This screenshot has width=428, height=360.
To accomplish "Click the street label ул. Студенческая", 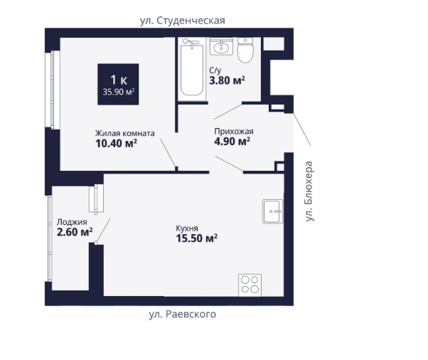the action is tap(182, 21).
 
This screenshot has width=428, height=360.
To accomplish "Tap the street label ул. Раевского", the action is tap(182, 314).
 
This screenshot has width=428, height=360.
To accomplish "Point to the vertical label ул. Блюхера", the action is tap(309, 191).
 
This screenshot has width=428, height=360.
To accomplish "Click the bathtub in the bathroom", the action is tap(192, 69).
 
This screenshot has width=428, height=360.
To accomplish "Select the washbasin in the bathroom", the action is tap(221, 46).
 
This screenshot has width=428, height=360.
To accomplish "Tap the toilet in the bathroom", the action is tap(245, 50).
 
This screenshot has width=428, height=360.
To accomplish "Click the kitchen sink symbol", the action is tap(273, 211).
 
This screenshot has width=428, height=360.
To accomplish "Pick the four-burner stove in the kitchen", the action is tap(250, 285).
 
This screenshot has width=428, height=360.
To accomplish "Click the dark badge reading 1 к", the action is tap(118, 84).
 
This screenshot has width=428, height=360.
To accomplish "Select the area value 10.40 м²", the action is tap(116, 144).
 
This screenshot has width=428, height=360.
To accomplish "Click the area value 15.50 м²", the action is tap(196, 238).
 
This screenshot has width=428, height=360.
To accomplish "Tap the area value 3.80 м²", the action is tap(227, 80).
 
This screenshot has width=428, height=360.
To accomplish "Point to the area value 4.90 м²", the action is tap(232, 142).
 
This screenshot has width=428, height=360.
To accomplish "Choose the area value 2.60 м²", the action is tap(75, 232).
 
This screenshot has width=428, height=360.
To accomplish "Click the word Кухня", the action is tap(187, 228).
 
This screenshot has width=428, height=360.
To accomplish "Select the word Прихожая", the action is tap(234, 132).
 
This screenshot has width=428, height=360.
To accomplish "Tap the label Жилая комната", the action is tap(124, 133).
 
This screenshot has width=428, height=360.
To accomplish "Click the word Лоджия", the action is tap(72, 222).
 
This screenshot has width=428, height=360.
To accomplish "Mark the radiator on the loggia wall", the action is tap(96, 198).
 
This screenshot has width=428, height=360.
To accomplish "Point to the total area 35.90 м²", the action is tap(119, 92).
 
